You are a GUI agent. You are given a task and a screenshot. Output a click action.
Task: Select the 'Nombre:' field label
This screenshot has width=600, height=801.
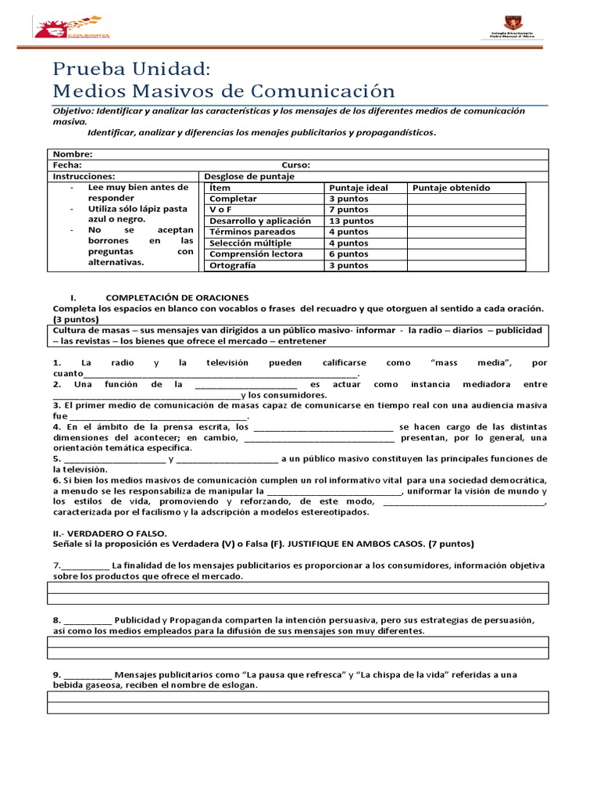(x=73, y=154)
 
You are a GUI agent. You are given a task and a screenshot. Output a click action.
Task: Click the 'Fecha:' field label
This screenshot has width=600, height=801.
(x=67, y=165)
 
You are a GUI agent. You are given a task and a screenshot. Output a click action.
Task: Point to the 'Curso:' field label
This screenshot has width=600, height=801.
(x=295, y=165)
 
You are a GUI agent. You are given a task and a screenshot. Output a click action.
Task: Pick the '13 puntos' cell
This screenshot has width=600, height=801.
(x=351, y=221)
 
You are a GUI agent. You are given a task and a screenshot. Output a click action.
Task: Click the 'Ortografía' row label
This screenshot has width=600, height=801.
(x=233, y=266)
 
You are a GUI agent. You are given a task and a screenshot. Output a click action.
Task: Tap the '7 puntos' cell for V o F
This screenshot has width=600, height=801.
(x=348, y=210)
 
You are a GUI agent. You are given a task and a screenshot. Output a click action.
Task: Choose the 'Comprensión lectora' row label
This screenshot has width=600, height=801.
(x=255, y=254)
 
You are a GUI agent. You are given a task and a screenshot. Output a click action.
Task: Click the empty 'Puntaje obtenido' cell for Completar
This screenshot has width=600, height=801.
(x=466, y=199)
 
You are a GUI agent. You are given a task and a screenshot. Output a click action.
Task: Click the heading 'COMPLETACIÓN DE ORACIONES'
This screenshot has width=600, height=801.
(x=177, y=298)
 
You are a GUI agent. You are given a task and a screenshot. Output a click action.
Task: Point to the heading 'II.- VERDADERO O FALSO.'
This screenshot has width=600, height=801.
(x=105, y=533)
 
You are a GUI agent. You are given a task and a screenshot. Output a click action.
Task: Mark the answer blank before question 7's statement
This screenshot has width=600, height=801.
(x=84, y=566)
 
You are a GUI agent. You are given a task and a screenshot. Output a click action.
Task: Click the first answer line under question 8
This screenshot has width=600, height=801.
(x=298, y=642)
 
